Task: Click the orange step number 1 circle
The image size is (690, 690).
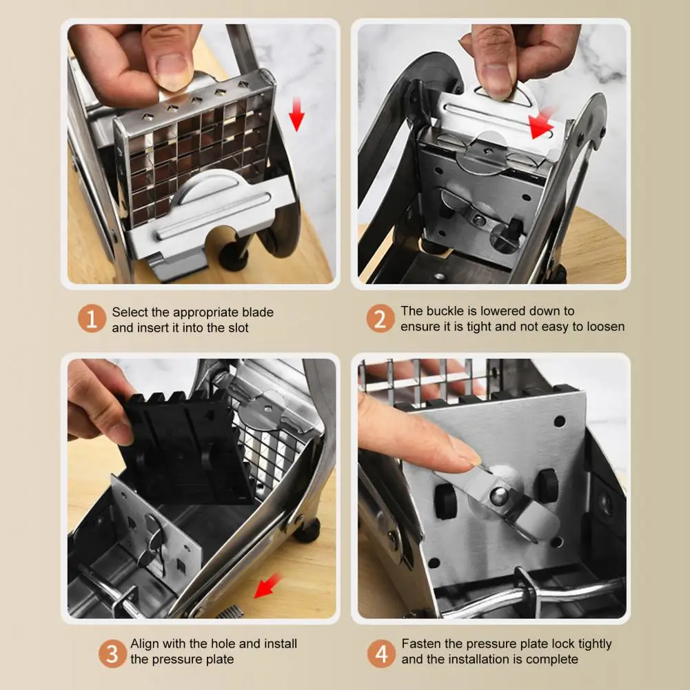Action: (x=92, y=318)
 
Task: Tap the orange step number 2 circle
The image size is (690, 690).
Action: (x=380, y=318)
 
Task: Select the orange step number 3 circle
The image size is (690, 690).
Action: (x=112, y=653)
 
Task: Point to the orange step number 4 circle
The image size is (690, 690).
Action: (x=381, y=653)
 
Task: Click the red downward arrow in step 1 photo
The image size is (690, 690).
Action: (x=296, y=114)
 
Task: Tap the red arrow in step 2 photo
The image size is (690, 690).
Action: (x=541, y=124)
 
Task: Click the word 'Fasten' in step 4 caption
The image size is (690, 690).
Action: (x=421, y=643)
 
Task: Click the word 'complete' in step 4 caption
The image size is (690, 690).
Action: (x=552, y=659)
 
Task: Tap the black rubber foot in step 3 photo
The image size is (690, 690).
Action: (x=307, y=530)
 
